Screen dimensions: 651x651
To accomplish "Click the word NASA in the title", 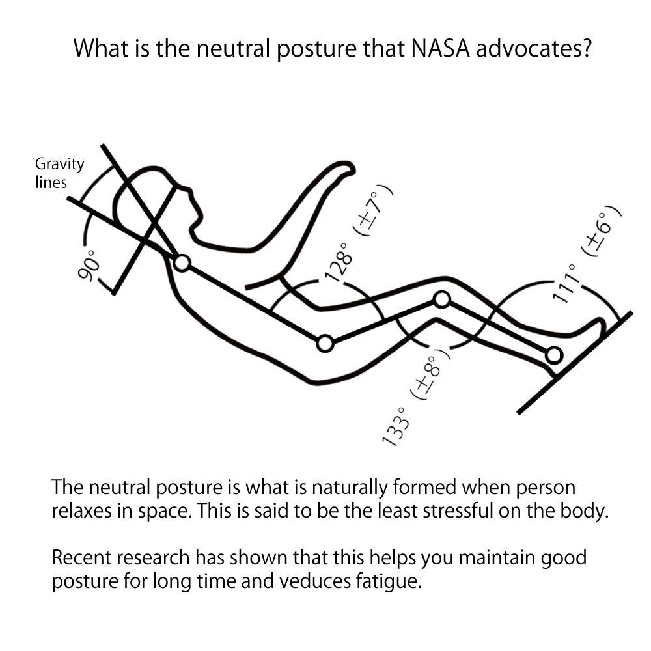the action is (x=440, y=48).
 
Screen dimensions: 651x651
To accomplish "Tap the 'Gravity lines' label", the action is (x=59, y=173).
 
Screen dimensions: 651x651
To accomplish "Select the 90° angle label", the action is (x=89, y=265).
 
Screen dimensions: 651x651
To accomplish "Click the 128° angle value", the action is (x=339, y=262).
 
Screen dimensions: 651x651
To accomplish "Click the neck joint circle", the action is (x=182, y=263).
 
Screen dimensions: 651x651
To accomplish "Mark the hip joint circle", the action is (x=325, y=344).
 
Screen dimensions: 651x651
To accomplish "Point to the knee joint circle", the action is (x=442, y=299).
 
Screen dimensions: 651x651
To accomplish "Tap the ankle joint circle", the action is (x=554, y=355).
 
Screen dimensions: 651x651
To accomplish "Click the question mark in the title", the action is (x=586, y=48).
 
